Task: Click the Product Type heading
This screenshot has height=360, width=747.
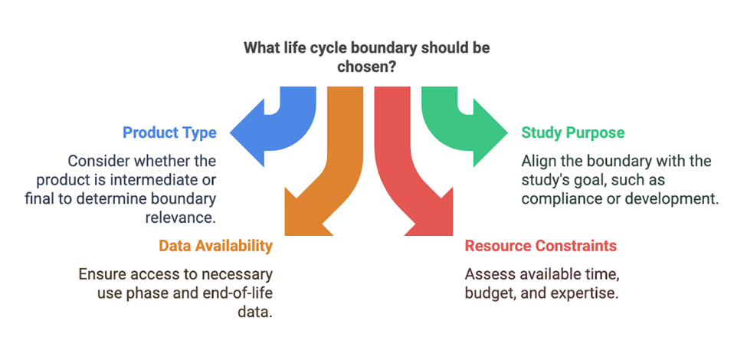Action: (169, 133)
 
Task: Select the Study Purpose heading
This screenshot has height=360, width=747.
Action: (573, 133)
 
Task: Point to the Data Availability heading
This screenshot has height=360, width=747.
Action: (215, 246)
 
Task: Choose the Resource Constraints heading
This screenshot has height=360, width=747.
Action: (541, 246)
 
